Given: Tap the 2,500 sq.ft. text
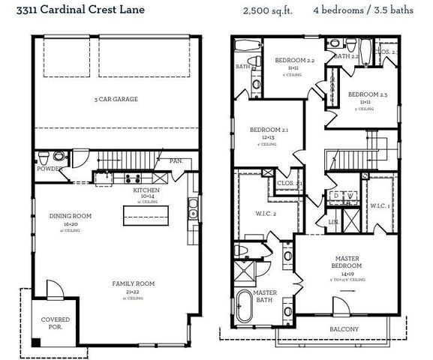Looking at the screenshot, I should [x=268, y=11].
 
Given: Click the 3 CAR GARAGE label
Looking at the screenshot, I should [x=116, y=99].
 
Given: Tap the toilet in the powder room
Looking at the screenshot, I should [x=44, y=157].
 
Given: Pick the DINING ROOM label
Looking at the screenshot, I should [x=71, y=217].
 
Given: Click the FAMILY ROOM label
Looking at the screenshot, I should [x=134, y=283].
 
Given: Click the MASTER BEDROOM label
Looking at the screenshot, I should [x=347, y=262].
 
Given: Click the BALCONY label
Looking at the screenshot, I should [x=343, y=329].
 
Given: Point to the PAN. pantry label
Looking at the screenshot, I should [x=177, y=161].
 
